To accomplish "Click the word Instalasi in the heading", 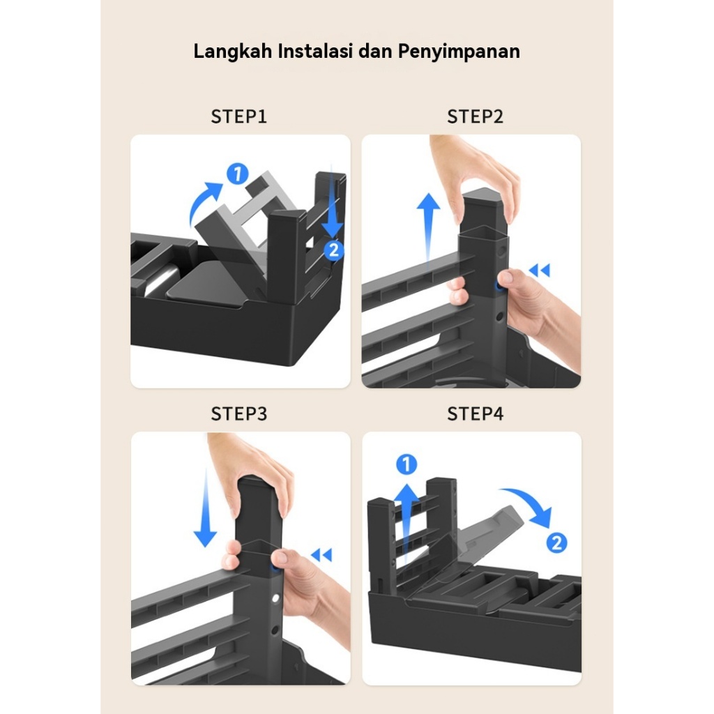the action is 316,50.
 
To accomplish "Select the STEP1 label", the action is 238,116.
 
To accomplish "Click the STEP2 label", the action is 475,116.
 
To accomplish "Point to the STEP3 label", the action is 238,414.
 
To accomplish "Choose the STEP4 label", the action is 475,414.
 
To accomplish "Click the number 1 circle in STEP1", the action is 238,174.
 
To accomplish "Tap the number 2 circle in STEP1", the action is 334,250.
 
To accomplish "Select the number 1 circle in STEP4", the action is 407,464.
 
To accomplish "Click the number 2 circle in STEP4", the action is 556,542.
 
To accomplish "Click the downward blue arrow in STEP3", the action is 206,508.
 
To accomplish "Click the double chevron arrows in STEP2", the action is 540,270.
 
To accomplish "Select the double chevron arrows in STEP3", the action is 321,554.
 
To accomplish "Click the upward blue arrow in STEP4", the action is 407,524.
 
